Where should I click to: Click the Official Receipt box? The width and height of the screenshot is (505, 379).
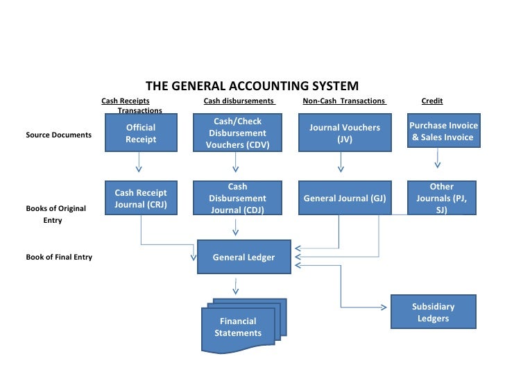tap(141, 133)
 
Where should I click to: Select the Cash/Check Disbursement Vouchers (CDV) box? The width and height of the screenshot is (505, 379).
tap(238, 133)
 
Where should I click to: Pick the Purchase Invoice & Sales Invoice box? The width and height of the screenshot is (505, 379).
tap(443, 132)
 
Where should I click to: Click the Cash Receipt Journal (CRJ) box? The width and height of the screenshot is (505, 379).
tap(141, 198)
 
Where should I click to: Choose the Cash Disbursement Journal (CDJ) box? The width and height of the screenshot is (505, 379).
tap(238, 199)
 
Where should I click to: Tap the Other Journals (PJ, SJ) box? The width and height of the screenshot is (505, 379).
tap(442, 199)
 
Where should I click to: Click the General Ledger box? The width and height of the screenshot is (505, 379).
tap(243, 258)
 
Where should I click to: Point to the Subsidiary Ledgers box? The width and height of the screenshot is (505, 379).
tap(434, 313)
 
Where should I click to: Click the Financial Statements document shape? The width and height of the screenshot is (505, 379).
tap(238, 326)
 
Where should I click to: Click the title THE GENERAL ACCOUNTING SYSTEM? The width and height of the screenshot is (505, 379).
tap(252, 86)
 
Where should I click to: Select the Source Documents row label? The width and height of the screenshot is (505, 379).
tap(58, 135)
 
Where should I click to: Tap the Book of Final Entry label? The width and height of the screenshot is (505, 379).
tap(59, 258)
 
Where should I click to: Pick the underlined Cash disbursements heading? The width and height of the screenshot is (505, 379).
tap(239, 101)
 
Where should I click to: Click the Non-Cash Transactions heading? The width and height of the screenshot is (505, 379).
tap(344, 101)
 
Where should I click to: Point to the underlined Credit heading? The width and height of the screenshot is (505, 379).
tap(432, 101)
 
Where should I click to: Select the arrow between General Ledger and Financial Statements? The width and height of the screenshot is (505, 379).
tap(237, 285)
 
